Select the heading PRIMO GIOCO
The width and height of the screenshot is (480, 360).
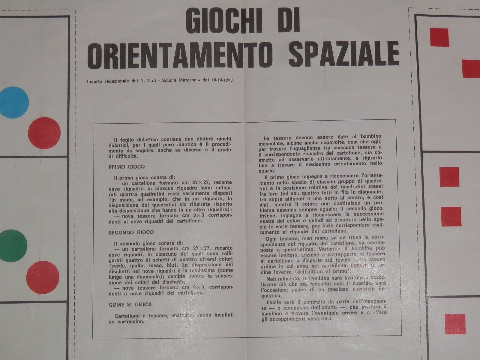[x=127, y=167]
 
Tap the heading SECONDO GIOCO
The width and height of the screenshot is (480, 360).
[x=131, y=232]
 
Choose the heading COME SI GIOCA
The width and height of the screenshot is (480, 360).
[x=130, y=304]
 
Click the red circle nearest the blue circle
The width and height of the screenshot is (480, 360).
[x=44, y=133]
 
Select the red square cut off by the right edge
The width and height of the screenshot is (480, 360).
[x=471, y=68]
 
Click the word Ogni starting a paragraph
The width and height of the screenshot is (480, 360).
[x=271, y=238]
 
